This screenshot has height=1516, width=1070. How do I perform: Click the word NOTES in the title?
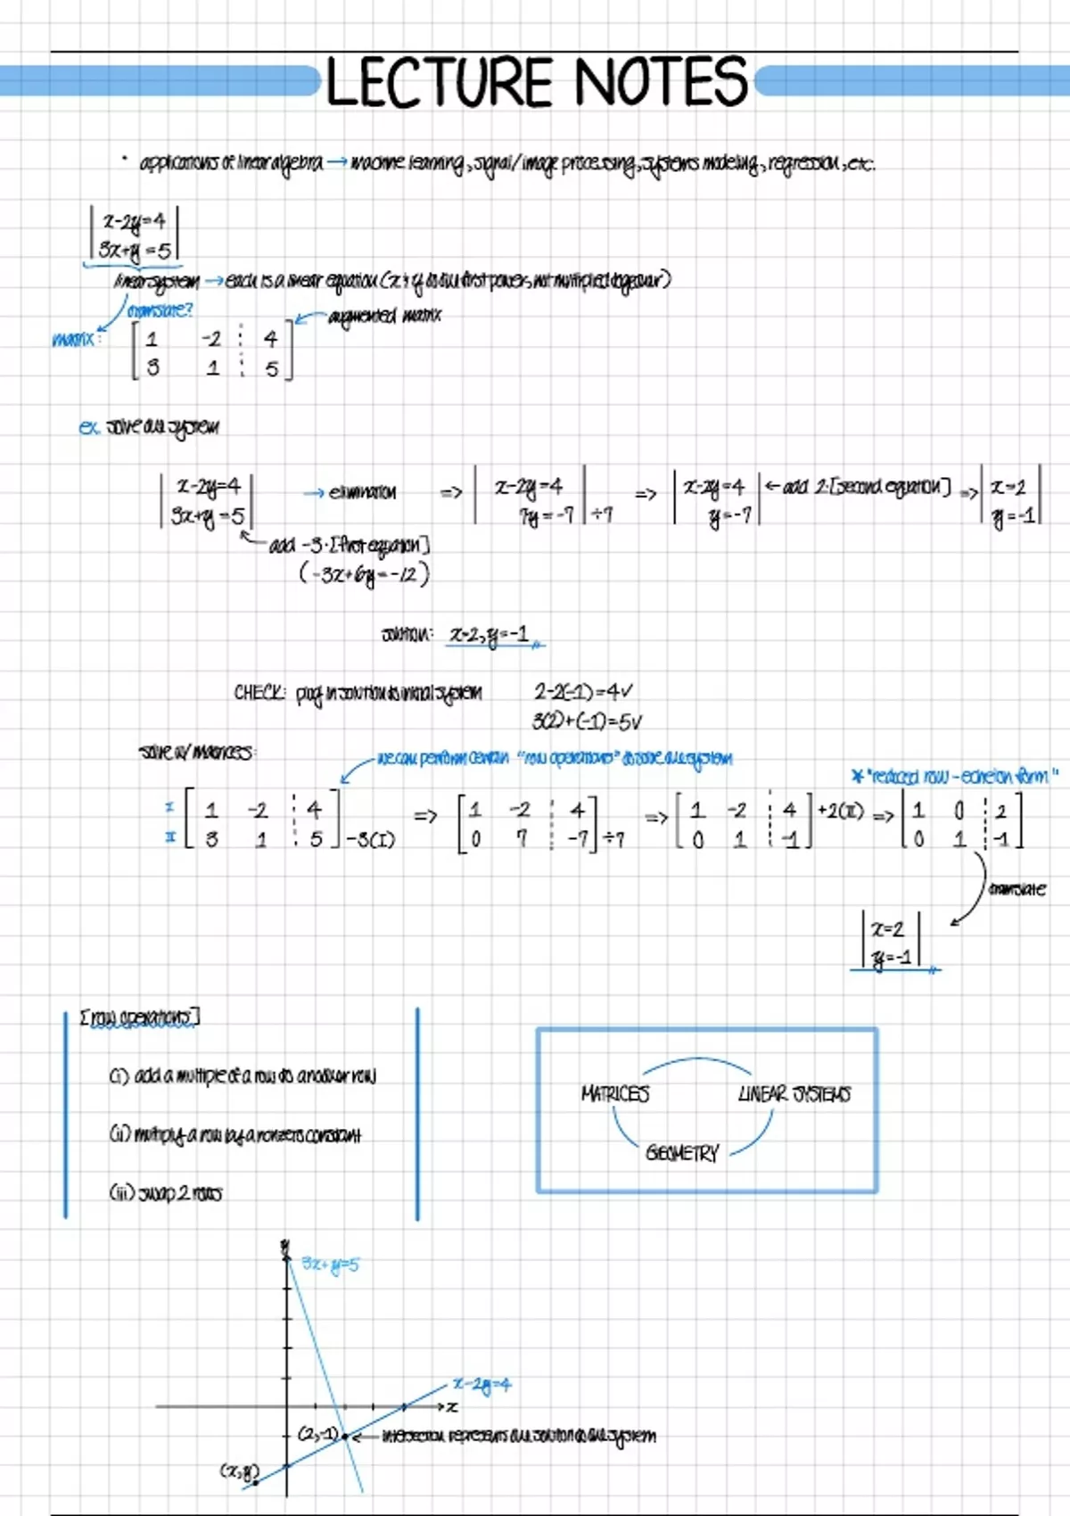[660, 82]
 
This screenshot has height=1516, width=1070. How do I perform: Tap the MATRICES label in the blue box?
[614, 1093]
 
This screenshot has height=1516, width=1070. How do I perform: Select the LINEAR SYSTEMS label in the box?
[794, 1094]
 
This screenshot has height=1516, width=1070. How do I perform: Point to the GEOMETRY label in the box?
[682, 1153]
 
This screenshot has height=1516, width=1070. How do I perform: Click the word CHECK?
[259, 693]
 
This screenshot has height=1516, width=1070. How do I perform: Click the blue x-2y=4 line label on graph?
[481, 1385]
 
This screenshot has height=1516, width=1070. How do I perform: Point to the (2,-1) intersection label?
[317, 1435]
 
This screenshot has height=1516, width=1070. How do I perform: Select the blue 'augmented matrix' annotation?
[384, 316]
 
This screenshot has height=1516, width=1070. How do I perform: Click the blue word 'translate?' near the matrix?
[160, 310]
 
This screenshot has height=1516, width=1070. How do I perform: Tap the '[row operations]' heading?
[140, 1018]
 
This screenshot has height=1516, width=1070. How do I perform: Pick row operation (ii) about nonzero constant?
[235, 1134]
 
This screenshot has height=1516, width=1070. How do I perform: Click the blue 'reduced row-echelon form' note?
[955, 776]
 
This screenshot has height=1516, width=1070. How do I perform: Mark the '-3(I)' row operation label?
[370, 839]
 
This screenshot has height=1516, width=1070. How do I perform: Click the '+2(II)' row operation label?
[840, 812]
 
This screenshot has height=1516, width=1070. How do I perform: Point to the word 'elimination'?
[361, 492]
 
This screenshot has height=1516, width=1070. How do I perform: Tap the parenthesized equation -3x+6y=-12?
[364, 574]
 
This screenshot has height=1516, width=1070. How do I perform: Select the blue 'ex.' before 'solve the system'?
[88, 427]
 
